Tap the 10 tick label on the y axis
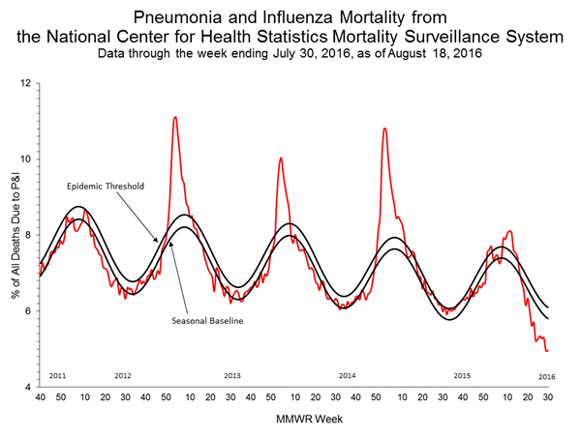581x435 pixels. pos(28,159)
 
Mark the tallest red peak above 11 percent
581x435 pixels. pos(174,117)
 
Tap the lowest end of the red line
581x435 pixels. pos(547,350)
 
